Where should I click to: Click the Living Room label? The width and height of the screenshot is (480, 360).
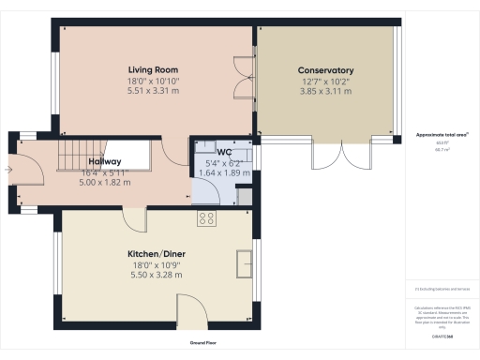(x=153, y=70)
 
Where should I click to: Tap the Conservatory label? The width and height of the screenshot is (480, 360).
(x=325, y=70)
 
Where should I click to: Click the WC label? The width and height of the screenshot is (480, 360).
(x=224, y=152)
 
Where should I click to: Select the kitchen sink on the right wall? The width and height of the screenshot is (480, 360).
(x=246, y=264)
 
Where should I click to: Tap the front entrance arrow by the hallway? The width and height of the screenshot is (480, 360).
(x=8, y=170)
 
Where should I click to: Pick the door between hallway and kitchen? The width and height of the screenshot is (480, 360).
(x=133, y=217)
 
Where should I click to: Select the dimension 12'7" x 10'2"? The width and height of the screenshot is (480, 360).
(x=325, y=82)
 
